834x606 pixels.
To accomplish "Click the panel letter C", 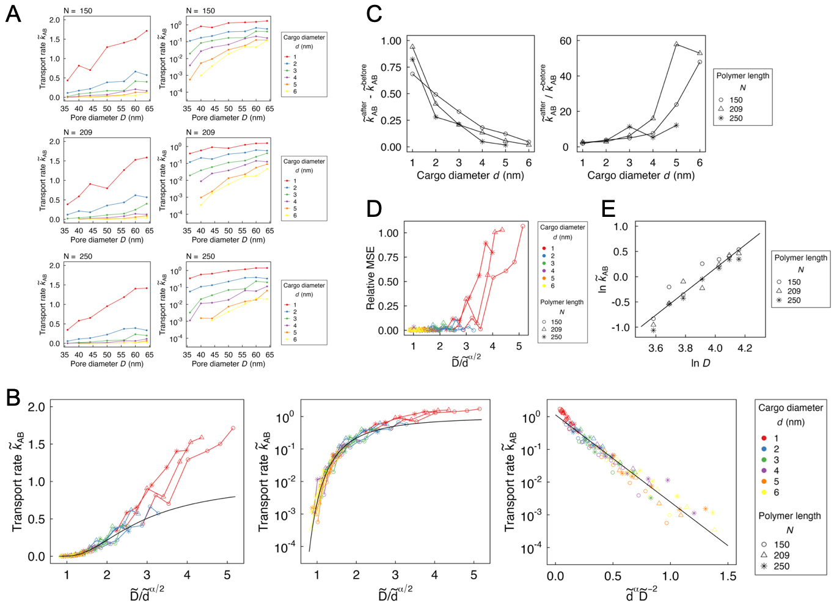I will pos(374,13).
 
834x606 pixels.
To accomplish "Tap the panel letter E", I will pos(608,208).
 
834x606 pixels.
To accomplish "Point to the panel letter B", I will pos(13,398).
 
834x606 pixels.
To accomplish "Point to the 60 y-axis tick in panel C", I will pos(565,41).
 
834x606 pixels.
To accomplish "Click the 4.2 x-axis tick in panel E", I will pos(745,348).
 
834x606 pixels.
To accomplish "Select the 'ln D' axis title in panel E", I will pos(700,363).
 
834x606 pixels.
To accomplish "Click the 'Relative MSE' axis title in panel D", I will pos(370,278).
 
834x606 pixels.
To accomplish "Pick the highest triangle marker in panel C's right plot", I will pos(676,44).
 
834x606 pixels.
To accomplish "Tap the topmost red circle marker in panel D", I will pos(523,226).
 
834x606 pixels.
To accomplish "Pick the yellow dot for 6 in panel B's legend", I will pos(764,492).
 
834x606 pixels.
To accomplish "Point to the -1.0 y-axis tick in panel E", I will pos(620,327).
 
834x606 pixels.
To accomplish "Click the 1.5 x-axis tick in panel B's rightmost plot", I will pos(728,576).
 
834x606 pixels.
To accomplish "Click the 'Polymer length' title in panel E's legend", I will pos(800,258).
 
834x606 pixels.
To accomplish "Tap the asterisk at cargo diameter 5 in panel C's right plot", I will pos(676,125).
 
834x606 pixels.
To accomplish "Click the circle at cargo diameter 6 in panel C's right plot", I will pos(700,62).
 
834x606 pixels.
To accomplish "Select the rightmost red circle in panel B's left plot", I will pos(233,428).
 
